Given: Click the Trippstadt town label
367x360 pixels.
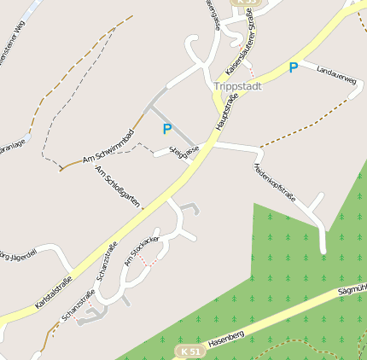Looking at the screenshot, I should pos(237,86).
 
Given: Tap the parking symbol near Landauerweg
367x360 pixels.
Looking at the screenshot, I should pos(294,67).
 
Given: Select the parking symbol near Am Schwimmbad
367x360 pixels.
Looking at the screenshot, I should pos(167,130).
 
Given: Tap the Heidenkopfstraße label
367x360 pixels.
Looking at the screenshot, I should pos(274,182).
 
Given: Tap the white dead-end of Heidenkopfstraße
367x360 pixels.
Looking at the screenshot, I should pos(323,248).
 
